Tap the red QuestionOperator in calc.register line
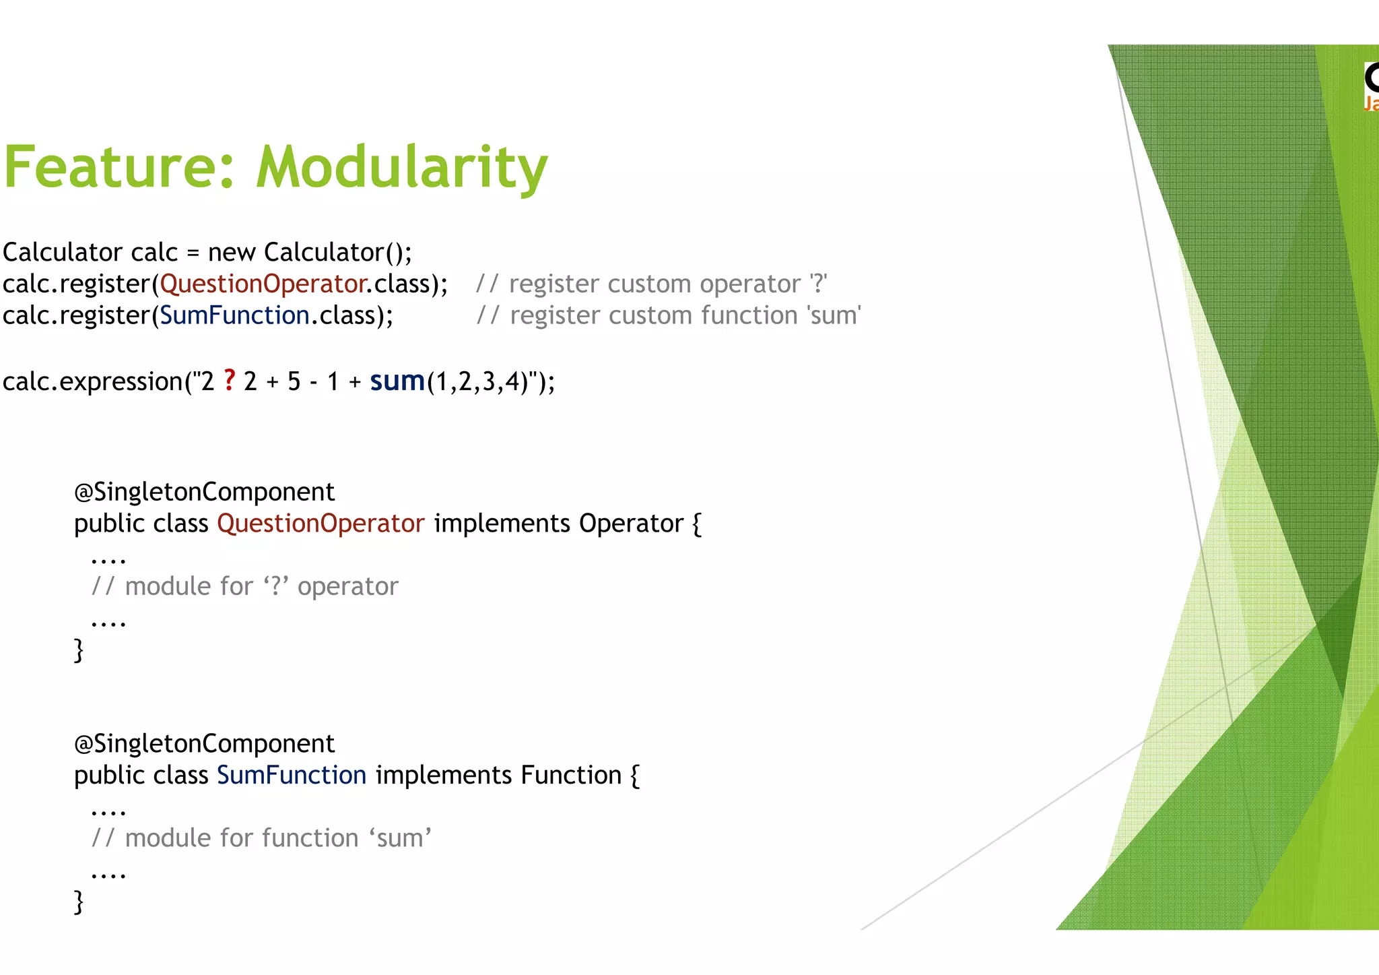click(263, 284)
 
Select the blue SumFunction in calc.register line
click(234, 315)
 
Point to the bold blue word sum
click(397, 381)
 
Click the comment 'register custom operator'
click(651, 284)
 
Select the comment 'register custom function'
click(668, 315)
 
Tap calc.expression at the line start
click(92, 381)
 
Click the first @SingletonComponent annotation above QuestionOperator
click(204, 492)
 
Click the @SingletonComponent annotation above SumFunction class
click(204, 744)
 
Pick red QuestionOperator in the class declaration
click(321, 524)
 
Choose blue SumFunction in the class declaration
click(292, 776)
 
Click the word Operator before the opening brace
click(631, 524)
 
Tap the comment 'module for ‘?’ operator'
click(245, 586)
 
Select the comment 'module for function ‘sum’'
click(261, 838)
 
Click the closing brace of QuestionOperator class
click(79, 650)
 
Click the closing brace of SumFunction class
click(79, 902)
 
